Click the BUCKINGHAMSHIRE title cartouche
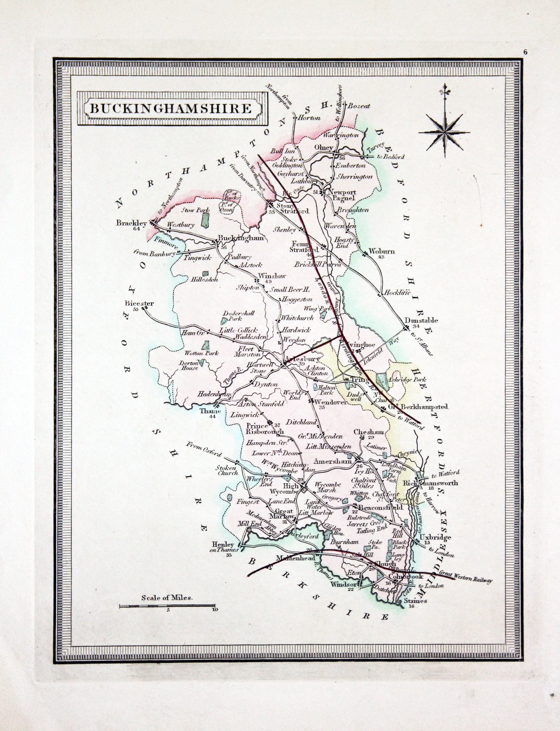pyautogui.click(x=172, y=109)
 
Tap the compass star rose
pyautogui.click(x=444, y=133)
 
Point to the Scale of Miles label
pyautogui.click(x=167, y=598)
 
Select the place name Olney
pyautogui.click(x=324, y=147)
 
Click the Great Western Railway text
pyautogui.click(x=466, y=581)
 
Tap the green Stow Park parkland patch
pyautogui.click(x=206, y=220)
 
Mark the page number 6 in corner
pyautogui.click(x=525, y=52)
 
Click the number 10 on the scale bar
pyautogui.click(x=214, y=610)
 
